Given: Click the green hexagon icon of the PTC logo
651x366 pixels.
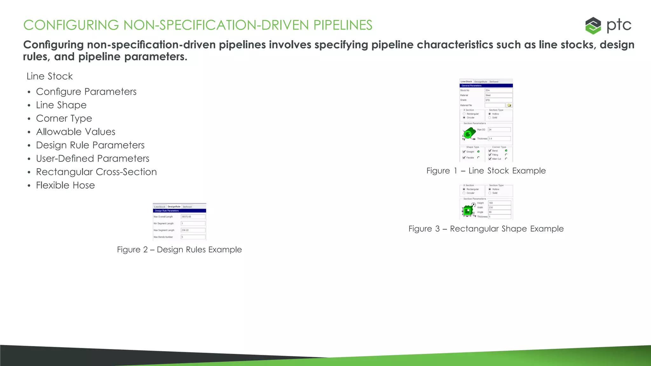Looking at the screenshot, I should point(593,25).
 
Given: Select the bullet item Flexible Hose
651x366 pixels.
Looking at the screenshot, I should point(65,185).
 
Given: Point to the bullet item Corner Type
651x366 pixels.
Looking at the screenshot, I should point(64,119).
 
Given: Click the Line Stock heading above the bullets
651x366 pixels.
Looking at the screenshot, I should point(50,76).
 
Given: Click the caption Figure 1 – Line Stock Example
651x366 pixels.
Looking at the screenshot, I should point(486,171).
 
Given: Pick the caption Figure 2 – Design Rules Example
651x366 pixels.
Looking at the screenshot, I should point(179,250).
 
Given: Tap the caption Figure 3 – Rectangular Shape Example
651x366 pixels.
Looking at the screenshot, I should point(486,229).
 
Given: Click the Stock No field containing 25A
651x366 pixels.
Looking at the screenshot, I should point(498,91).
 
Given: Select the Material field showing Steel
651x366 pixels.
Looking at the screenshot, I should point(498,95).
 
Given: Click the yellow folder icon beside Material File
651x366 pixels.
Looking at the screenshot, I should point(509,105).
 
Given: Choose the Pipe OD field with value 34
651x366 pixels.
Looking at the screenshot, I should point(499,130).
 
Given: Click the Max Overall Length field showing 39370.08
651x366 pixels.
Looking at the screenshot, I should point(193,217).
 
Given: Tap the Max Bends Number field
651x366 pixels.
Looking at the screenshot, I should point(193,237).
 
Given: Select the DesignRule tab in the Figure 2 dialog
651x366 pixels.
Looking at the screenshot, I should point(174,207).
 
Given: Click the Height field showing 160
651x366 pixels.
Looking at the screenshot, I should point(499,203).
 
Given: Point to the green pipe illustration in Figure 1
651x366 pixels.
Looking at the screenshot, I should point(469,133).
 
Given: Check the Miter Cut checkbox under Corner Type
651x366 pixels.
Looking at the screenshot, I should point(490,159).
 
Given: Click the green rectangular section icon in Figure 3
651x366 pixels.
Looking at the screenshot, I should point(468,210).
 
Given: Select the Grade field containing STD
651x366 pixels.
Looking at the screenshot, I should point(498,100).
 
